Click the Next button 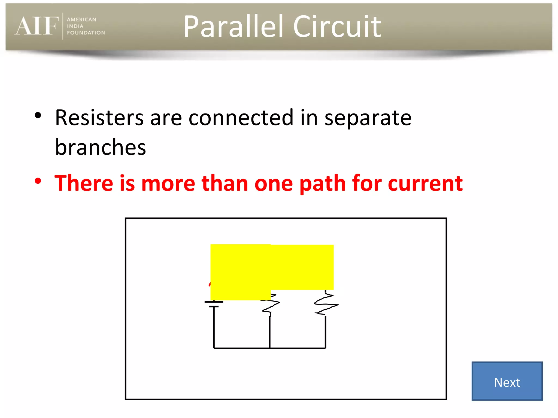[x=507, y=381]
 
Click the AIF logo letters [x=37, y=26]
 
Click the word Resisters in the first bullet [x=99, y=118]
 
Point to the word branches [x=100, y=147]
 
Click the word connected [x=241, y=118]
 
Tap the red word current [x=425, y=183]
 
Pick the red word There [x=84, y=183]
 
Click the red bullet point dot [x=38, y=181]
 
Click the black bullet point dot [x=38, y=116]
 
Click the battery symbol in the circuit [x=214, y=304]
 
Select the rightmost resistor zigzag [x=326, y=304]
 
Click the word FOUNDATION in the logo [x=86, y=33]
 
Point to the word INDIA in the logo [x=75, y=26]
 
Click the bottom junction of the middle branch [x=270, y=348]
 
